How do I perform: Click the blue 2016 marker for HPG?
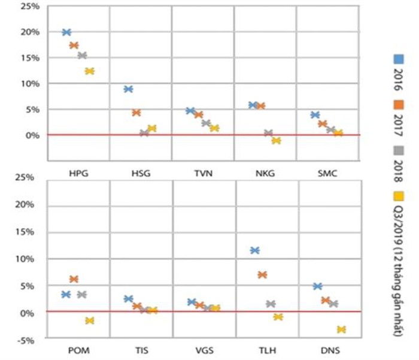click(x=66, y=32)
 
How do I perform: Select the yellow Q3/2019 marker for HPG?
click(x=90, y=71)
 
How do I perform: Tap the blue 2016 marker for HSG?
click(x=128, y=89)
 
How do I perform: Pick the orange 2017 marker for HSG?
click(x=136, y=113)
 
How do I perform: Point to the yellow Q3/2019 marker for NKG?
click(x=276, y=141)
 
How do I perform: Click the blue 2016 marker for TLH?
click(x=254, y=250)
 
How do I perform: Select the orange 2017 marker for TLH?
click(x=262, y=275)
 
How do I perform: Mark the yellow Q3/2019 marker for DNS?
click(x=341, y=329)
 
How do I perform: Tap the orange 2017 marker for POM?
click(x=74, y=279)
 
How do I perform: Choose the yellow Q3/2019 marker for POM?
click(x=90, y=320)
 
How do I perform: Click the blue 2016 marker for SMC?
click(x=315, y=115)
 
